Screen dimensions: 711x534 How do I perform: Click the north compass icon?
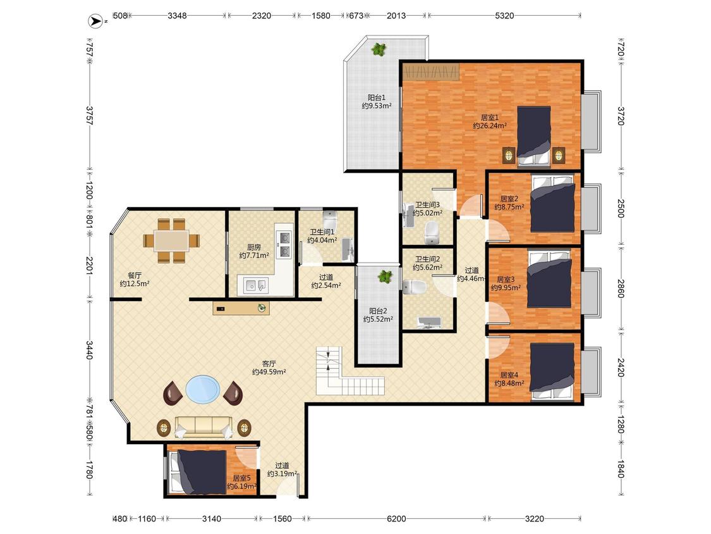[x=95, y=21]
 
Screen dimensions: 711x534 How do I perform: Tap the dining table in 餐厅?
[x=171, y=240]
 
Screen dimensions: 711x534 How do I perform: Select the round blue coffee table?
[x=203, y=389]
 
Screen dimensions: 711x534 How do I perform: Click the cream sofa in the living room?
[x=204, y=427]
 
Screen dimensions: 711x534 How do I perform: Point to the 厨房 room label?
[x=254, y=247]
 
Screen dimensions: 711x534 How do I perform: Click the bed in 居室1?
[x=533, y=135]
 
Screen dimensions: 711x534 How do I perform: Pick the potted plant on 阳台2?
[x=385, y=276]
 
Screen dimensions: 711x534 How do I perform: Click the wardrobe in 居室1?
[x=431, y=71]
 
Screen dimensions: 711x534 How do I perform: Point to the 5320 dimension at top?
[x=504, y=15]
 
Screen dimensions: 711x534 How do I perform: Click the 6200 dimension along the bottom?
[x=396, y=519]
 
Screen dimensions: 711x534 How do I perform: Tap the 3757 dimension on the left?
[x=89, y=116]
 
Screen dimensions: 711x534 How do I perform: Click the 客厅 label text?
[x=269, y=364]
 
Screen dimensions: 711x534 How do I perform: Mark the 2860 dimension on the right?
[x=621, y=287]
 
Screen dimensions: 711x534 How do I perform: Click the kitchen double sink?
[x=255, y=285]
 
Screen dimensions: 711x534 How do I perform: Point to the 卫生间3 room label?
[x=428, y=205]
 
